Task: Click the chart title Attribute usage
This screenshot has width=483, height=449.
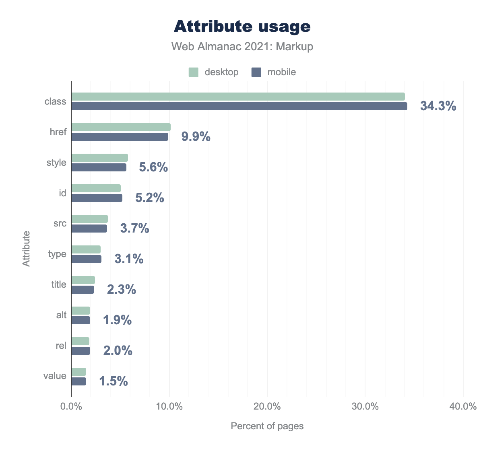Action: point(242,27)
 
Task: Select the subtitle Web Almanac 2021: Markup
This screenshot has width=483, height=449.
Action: point(242,47)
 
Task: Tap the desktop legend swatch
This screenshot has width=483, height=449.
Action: point(194,72)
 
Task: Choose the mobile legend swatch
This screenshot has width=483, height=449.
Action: point(256,72)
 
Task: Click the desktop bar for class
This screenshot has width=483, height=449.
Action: point(238,97)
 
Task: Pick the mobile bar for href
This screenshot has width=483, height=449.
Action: point(120,137)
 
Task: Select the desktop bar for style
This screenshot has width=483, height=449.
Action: point(99,158)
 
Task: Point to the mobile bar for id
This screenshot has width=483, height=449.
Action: point(97,198)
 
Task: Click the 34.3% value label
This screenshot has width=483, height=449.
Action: point(438,106)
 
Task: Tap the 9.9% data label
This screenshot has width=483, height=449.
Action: point(196,137)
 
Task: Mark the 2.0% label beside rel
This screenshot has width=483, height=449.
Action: point(118,351)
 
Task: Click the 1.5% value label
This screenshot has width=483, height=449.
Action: point(114,381)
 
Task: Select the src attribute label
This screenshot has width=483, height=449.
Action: point(60,223)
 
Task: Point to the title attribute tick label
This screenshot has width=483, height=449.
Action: point(59,284)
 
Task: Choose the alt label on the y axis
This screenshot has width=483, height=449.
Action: point(61,315)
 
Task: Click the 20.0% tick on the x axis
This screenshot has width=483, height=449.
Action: point(267,407)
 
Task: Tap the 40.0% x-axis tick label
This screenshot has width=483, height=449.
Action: point(463,407)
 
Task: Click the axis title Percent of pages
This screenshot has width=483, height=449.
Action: point(267,426)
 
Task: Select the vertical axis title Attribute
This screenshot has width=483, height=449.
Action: point(26,249)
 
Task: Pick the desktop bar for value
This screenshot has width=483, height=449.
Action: point(78,372)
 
